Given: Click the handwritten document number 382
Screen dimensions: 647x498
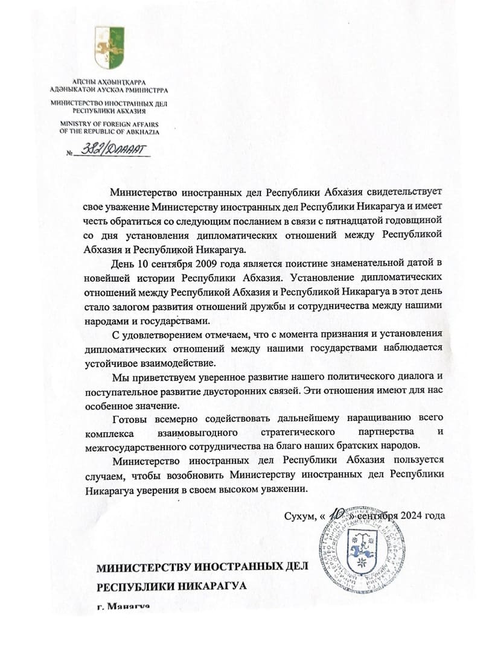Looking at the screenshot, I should [x=90, y=150].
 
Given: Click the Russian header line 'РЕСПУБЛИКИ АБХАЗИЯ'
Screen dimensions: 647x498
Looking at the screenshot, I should [x=109, y=111].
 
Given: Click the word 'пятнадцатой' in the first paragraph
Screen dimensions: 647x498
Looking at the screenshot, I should [x=348, y=221].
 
